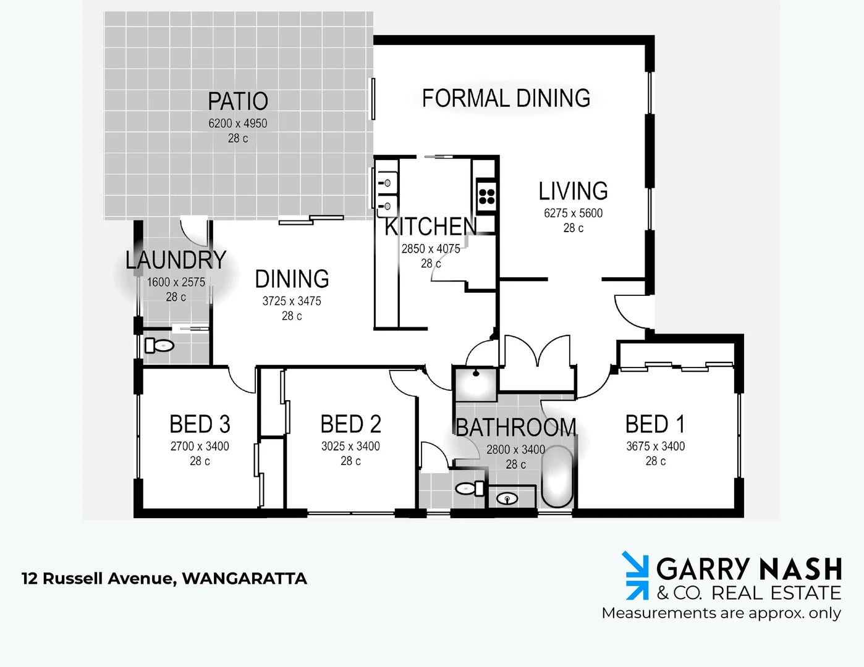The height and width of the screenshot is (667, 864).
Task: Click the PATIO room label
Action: tap(238, 101)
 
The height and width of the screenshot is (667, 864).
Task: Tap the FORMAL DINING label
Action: tap(506, 98)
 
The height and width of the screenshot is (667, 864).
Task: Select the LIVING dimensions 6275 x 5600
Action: tap(573, 213)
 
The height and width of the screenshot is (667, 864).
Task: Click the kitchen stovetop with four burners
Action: tap(486, 196)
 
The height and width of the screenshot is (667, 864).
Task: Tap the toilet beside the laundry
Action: tap(159, 345)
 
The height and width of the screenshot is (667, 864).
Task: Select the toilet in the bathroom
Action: tap(470, 489)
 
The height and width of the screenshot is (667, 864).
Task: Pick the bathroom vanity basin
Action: tap(507, 498)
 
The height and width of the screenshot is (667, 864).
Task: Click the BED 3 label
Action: tap(200, 424)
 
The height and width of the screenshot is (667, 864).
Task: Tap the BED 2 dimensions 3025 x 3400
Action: tap(350, 446)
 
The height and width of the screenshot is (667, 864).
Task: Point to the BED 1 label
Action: tap(655, 424)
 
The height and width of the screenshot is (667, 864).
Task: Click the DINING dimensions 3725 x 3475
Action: tap(292, 301)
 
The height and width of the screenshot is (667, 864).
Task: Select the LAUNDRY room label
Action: tap(176, 260)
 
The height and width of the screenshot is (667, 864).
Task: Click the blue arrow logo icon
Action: tap(635, 576)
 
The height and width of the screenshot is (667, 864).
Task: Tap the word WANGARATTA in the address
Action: tap(244, 579)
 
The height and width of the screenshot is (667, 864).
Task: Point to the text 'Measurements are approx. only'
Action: tap(721, 613)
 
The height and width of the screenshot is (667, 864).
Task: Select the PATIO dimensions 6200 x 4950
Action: tap(238, 124)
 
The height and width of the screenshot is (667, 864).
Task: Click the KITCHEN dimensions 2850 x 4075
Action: tap(431, 249)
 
